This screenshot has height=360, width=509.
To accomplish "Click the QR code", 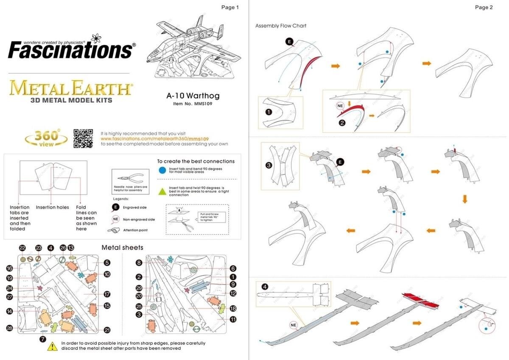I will [x=83, y=138].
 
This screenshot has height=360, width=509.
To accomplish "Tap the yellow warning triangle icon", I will [x=52, y=346].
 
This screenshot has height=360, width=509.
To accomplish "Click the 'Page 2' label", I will [x=484, y=7].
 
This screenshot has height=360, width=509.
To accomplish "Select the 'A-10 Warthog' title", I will [x=193, y=96].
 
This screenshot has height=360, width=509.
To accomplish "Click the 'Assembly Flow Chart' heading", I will [x=280, y=26].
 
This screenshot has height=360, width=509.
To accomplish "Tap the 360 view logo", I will [x=46, y=138].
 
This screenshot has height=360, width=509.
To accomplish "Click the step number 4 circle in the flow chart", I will [x=265, y=287].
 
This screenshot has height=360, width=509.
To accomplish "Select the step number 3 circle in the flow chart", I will [x=268, y=165].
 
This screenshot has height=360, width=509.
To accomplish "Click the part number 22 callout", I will [x=22, y=248].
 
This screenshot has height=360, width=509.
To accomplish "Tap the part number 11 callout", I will [x=233, y=319].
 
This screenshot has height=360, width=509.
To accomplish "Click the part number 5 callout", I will [x=107, y=263].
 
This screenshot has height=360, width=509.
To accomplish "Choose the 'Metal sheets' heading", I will [x=122, y=247].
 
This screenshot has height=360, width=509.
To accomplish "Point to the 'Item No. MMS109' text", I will [x=193, y=104].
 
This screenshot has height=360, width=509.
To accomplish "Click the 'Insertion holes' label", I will [x=52, y=207].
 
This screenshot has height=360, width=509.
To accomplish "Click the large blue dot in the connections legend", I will [x=161, y=170].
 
